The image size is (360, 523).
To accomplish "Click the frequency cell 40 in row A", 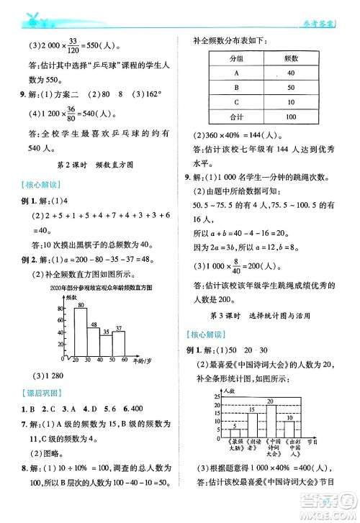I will (290, 73).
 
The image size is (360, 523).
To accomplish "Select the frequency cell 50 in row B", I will (290, 88).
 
